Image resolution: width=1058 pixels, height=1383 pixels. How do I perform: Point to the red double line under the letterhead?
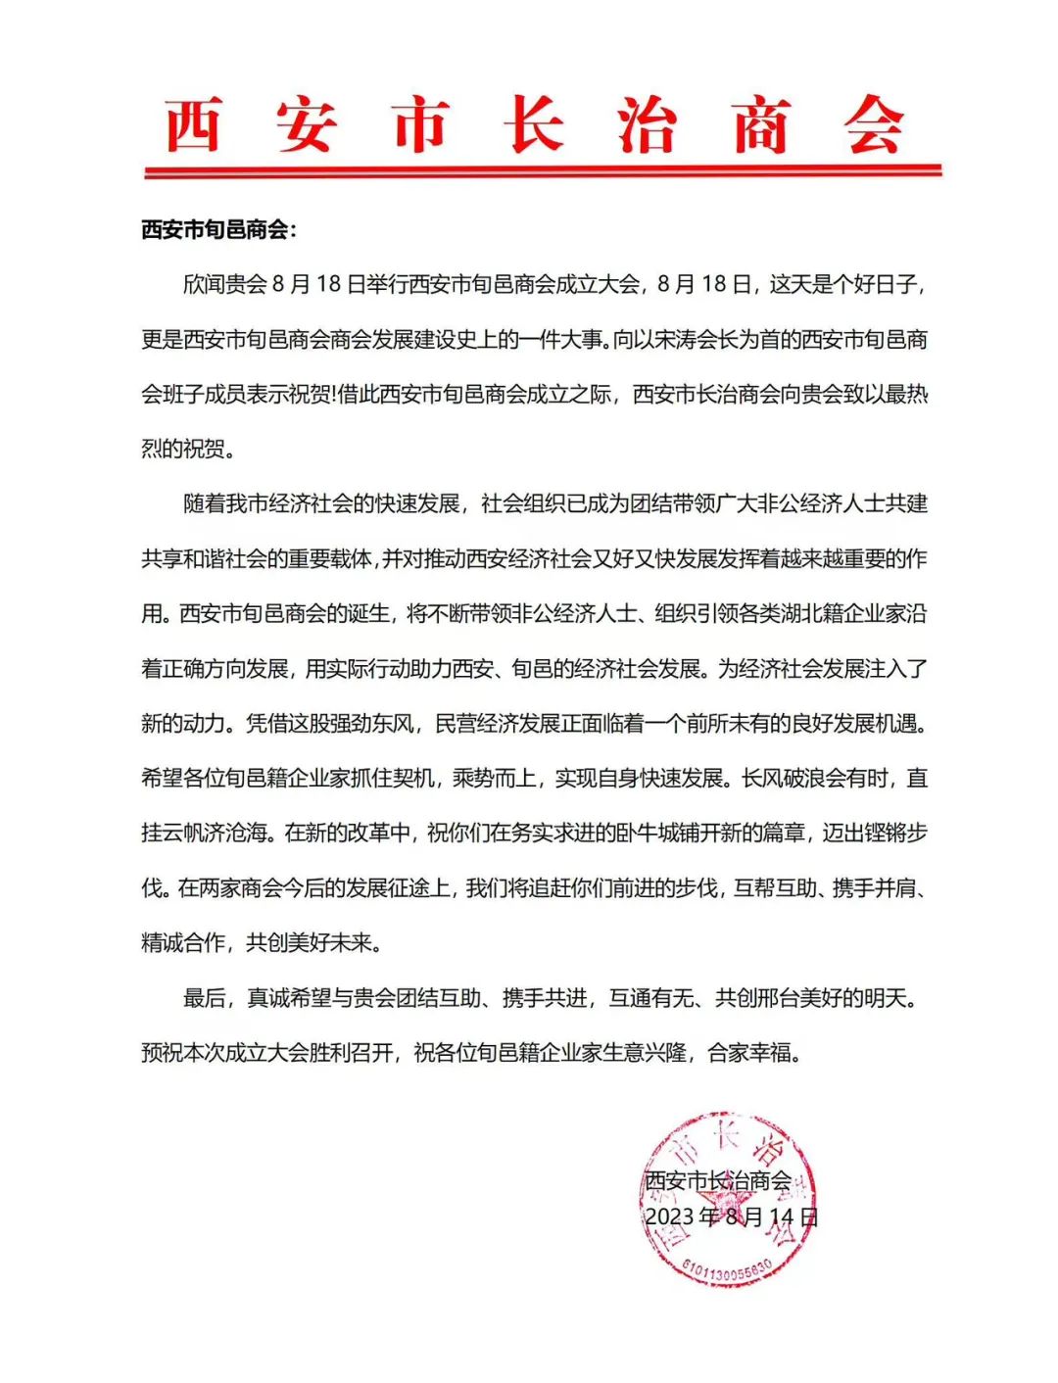543,171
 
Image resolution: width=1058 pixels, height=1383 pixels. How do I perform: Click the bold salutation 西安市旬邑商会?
217,230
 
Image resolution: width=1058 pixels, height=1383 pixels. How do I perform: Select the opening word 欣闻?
204,285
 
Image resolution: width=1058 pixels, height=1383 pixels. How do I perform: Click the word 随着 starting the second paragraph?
204,504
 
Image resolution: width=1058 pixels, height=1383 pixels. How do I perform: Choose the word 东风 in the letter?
392,724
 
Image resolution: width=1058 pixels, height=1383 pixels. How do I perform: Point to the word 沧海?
247,834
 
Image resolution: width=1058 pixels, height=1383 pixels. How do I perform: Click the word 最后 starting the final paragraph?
204,998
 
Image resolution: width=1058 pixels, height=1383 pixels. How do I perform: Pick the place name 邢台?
782,998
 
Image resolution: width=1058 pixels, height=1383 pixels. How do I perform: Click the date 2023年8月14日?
731,1216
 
